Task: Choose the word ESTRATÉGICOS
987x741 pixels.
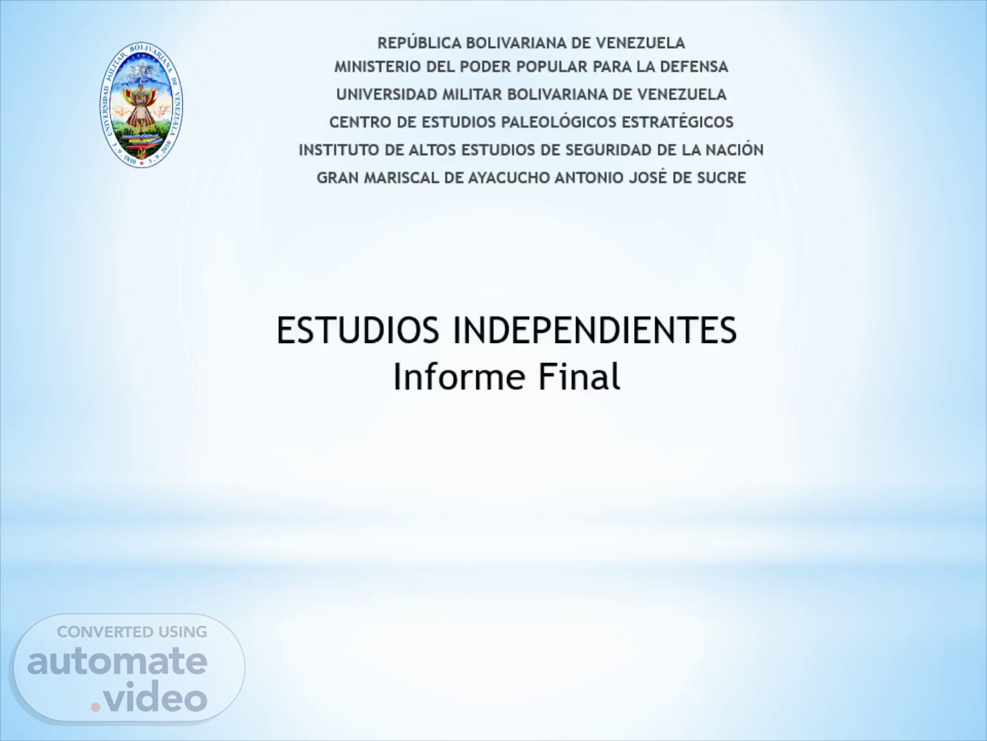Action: tap(678, 122)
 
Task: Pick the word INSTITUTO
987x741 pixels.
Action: tap(339, 150)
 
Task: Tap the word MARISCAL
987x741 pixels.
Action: tap(402, 178)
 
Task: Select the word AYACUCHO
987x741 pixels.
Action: tap(509, 178)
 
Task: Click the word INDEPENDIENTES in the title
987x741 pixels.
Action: tap(594, 330)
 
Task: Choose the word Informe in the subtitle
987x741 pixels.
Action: tap(459, 377)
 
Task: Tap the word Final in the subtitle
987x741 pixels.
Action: tap(580, 377)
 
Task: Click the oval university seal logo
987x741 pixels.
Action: tap(141, 105)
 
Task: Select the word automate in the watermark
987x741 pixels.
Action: tap(117, 661)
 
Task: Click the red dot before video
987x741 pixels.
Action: tap(95, 707)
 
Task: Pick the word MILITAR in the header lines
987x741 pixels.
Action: tap(472, 95)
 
